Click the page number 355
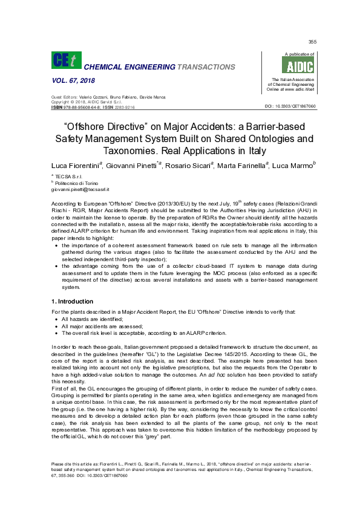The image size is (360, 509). tap(312, 41)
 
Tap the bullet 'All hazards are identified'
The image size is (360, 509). tap(93, 318)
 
